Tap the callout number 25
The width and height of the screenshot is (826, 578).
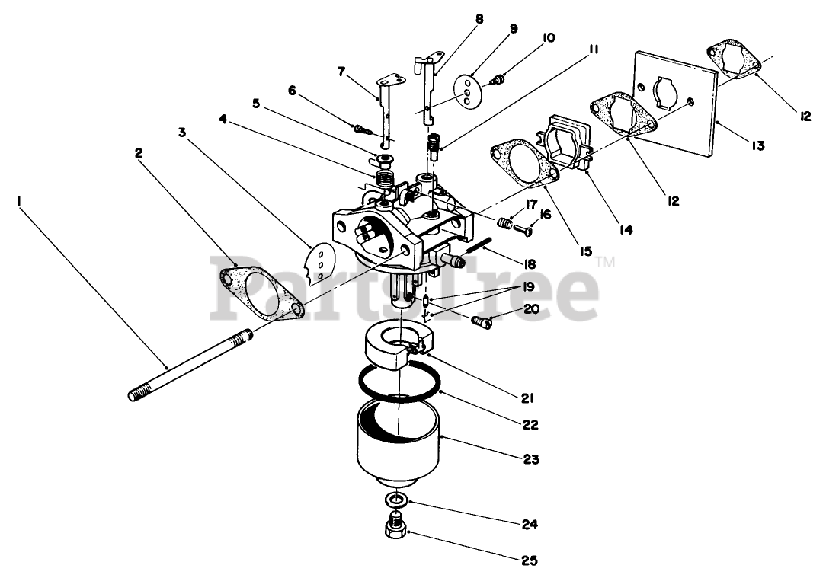530,561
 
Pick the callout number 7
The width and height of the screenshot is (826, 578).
341,72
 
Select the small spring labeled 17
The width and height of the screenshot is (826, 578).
504,223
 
